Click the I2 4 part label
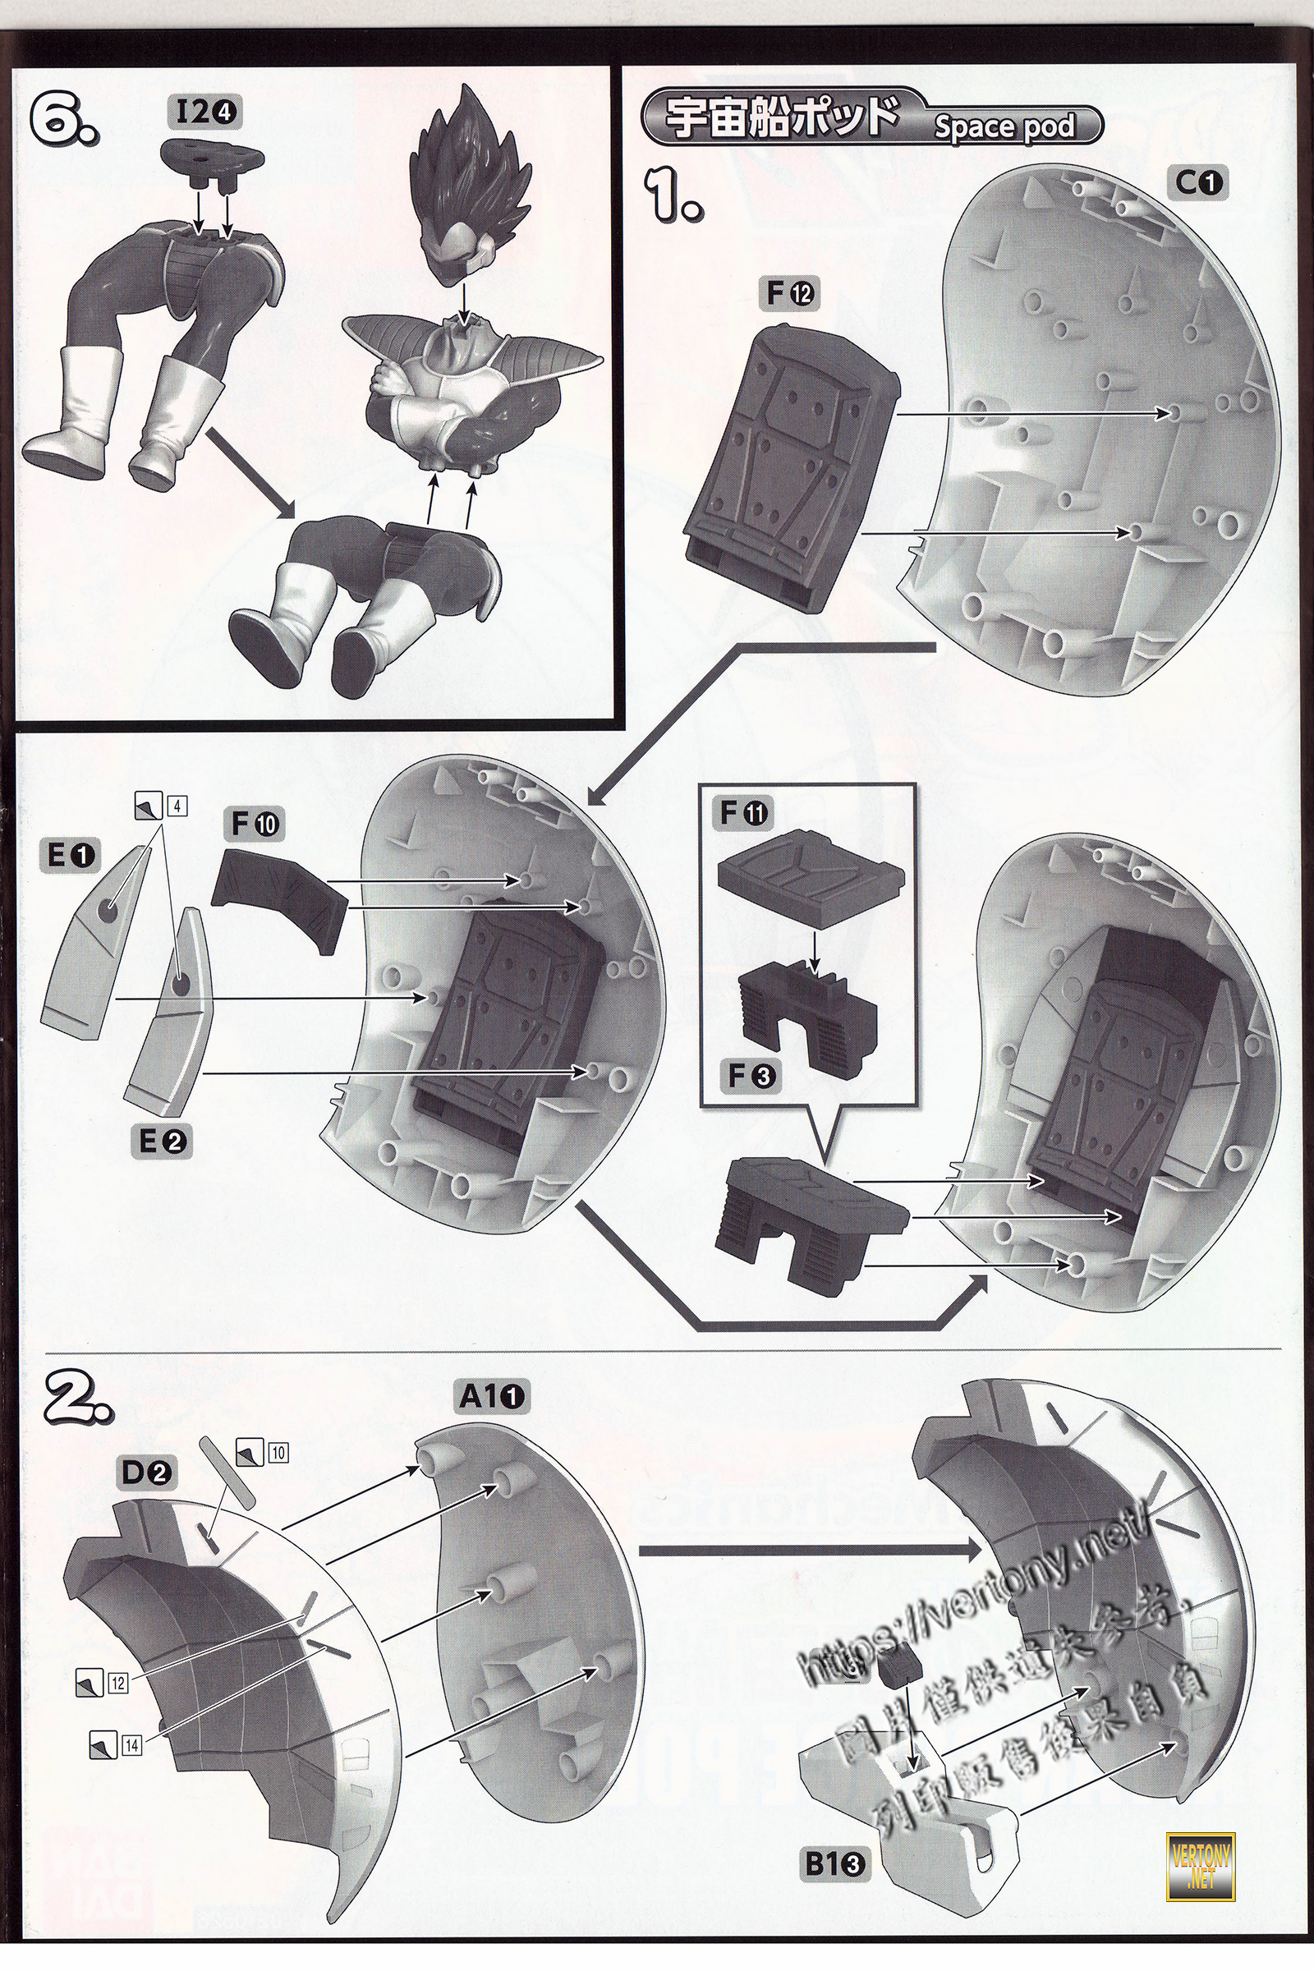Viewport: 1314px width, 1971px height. tap(204, 112)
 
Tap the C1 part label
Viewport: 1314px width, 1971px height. tap(1200, 181)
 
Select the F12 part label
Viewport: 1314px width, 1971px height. tap(789, 293)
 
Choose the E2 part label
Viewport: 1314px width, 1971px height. tap(163, 1141)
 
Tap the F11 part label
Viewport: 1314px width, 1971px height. tap(744, 812)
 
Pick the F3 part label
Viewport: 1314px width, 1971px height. tap(750, 1075)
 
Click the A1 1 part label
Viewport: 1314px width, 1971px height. tap(492, 1396)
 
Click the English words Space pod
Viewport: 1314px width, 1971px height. tap(1003, 126)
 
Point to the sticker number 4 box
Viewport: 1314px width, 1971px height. tap(176, 806)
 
